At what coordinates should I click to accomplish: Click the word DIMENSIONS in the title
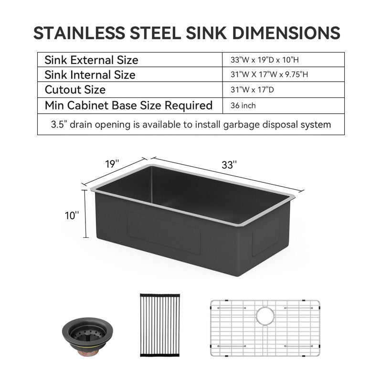tap(286, 33)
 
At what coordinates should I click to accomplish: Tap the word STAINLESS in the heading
tap(79, 33)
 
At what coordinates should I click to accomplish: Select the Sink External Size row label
tap(91, 60)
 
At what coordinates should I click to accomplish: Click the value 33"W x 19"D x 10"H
tap(265, 60)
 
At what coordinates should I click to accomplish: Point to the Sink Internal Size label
tap(90, 75)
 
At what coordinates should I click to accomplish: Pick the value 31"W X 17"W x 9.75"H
tap(269, 74)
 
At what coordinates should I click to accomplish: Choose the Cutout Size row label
tap(75, 90)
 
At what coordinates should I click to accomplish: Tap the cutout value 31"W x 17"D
tap(252, 90)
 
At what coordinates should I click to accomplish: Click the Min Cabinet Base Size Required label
tap(128, 106)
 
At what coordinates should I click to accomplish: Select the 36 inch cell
tap(243, 106)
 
